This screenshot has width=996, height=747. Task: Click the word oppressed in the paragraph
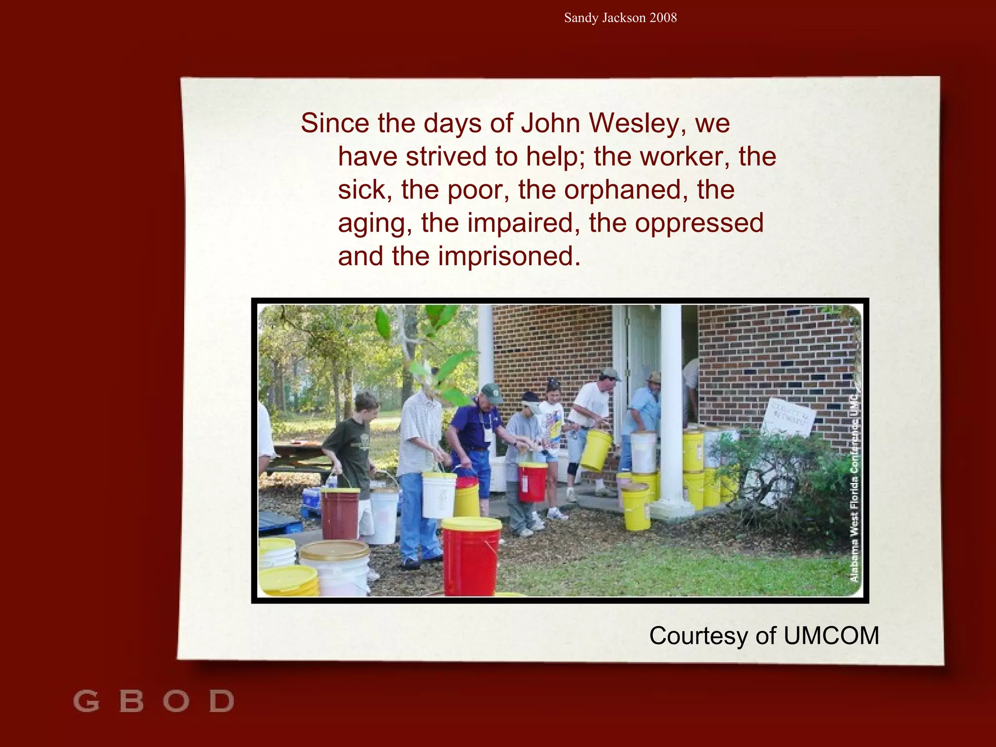tap(699, 223)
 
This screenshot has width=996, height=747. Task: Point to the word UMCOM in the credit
tap(831, 636)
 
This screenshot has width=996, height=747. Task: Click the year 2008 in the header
tap(663, 18)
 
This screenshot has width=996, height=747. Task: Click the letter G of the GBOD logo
tap(86, 701)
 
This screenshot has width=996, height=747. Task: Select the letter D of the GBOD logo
tap(222, 701)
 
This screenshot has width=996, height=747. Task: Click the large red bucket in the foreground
tap(471, 559)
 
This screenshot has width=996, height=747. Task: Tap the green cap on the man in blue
tap(492, 392)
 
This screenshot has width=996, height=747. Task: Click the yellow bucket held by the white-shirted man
tap(596, 450)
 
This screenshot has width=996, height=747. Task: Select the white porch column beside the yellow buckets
tap(671, 409)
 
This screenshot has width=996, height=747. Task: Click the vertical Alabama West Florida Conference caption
tap(854, 491)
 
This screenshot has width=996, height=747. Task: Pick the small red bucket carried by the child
tap(532, 481)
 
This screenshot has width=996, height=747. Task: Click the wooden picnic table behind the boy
tap(299, 457)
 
